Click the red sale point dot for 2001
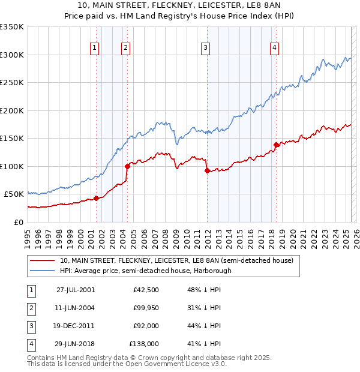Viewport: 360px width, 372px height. point(96,199)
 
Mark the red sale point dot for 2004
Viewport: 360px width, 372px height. point(127,166)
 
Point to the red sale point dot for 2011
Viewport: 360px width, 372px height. point(207,170)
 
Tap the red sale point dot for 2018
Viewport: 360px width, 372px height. point(276,145)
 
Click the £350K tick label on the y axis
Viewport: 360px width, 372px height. point(12,27)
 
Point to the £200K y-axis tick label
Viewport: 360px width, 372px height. point(12,110)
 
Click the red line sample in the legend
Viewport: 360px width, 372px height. point(42,261)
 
